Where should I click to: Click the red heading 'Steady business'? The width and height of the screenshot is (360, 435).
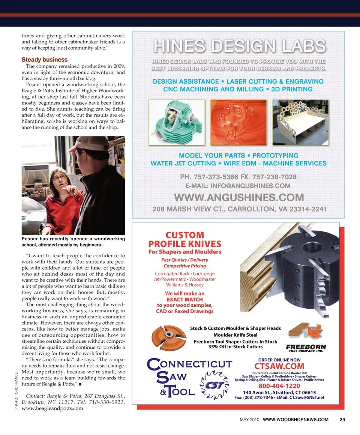coord(44,60)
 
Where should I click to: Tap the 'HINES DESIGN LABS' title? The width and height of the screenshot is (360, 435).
coord(239,46)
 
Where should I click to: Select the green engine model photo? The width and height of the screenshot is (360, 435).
coord(177,122)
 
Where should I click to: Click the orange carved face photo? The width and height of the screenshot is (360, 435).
coord(238,122)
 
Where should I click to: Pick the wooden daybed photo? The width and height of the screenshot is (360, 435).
coord(300,122)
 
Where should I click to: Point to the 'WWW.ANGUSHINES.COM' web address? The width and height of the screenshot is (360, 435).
coord(239,197)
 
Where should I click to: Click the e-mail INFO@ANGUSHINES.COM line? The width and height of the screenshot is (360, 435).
coord(238,186)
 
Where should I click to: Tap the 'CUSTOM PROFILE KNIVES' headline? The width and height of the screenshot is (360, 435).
coord(185,240)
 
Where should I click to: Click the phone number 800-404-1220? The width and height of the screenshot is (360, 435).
coord(279,386)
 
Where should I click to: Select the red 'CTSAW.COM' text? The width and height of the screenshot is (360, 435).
coord(279,366)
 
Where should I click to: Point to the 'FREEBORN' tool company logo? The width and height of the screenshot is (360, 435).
coord(306,348)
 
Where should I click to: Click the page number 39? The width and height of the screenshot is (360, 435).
coord(342,419)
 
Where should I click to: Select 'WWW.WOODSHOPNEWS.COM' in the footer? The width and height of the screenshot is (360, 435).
coord(296,419)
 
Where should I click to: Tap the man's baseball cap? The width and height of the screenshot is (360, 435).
coord(88,144)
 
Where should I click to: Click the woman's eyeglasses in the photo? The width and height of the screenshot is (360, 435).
coord(60,177)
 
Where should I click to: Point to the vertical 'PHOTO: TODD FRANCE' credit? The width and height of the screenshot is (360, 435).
coord(17,390)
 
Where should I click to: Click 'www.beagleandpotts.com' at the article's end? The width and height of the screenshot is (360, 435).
coord(52,408)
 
